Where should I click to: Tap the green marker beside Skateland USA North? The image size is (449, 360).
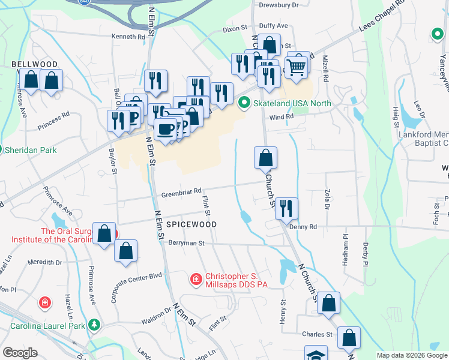click(x=244, y=103)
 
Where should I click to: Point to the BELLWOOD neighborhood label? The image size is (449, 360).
click(x=34, y=64)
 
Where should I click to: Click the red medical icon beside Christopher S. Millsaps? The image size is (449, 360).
click(x=196, y=279)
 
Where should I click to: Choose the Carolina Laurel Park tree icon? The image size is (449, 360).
click(x=94, y=325)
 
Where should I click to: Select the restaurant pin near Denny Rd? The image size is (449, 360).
click(x=286, y=208)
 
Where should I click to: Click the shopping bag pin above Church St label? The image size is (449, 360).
click(x=265, y=158)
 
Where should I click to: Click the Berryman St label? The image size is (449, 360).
click(x=187, y=244)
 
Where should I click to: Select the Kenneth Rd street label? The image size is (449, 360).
click(x=128, y=37)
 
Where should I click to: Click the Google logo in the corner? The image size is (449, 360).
click(x=20, y=352)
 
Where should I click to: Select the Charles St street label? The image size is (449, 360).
click(x=317, y=334)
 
